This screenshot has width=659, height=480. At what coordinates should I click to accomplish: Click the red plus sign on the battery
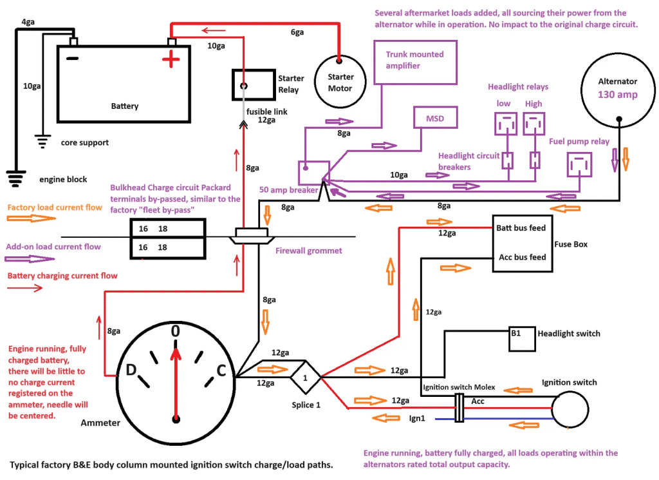171,61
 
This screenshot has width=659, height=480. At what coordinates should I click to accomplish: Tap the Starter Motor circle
340,82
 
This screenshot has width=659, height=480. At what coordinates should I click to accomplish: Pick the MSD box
435,119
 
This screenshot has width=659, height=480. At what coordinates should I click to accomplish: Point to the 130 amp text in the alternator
618,95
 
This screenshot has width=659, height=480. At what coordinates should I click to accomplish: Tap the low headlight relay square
506,122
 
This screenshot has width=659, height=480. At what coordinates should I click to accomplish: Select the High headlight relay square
534,122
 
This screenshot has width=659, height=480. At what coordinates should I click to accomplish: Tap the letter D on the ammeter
130,370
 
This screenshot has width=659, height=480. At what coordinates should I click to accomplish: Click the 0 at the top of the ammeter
175,331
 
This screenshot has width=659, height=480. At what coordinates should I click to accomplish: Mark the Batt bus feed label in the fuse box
521,228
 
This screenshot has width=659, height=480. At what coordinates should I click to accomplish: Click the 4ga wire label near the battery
28,22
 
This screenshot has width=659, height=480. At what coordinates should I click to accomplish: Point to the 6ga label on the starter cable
297,32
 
